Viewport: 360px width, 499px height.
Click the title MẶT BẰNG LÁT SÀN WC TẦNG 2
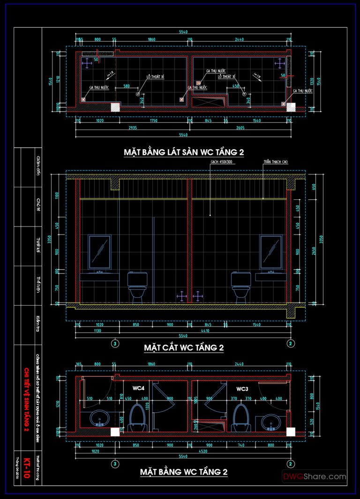[x=184, y=152]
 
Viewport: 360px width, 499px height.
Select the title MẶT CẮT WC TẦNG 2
[x=183, y=348]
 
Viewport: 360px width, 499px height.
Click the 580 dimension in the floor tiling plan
[x=127, y=86]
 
